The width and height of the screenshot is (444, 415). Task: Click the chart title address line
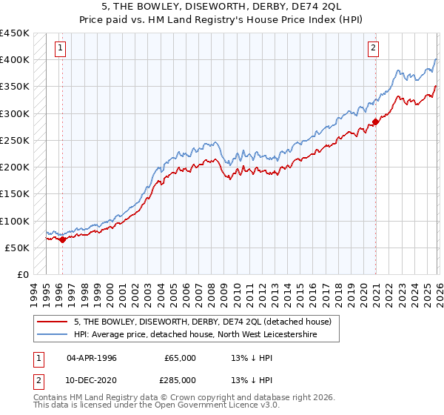pyautogui.click(x=221, y=7)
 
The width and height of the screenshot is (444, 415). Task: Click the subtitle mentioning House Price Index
pyautogui.click(x=221, y=19)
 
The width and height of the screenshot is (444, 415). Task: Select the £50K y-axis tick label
pyautogui.click(x=18, y=248)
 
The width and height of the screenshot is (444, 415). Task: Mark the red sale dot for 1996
pyautogui.click(x=62, y=239)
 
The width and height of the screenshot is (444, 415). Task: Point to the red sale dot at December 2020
pyautogui.click(x=375, y=122)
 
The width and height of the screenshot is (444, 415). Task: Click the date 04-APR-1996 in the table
pyautogui.click(x=92, y=358)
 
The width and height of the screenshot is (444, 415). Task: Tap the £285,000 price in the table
pyautogui.click(x=180, y=380)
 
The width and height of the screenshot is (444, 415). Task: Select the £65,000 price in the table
pyautogui.click(x=180, y=358)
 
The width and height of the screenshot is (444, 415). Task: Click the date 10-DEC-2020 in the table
pyautogui.click(x=92, y=380)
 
